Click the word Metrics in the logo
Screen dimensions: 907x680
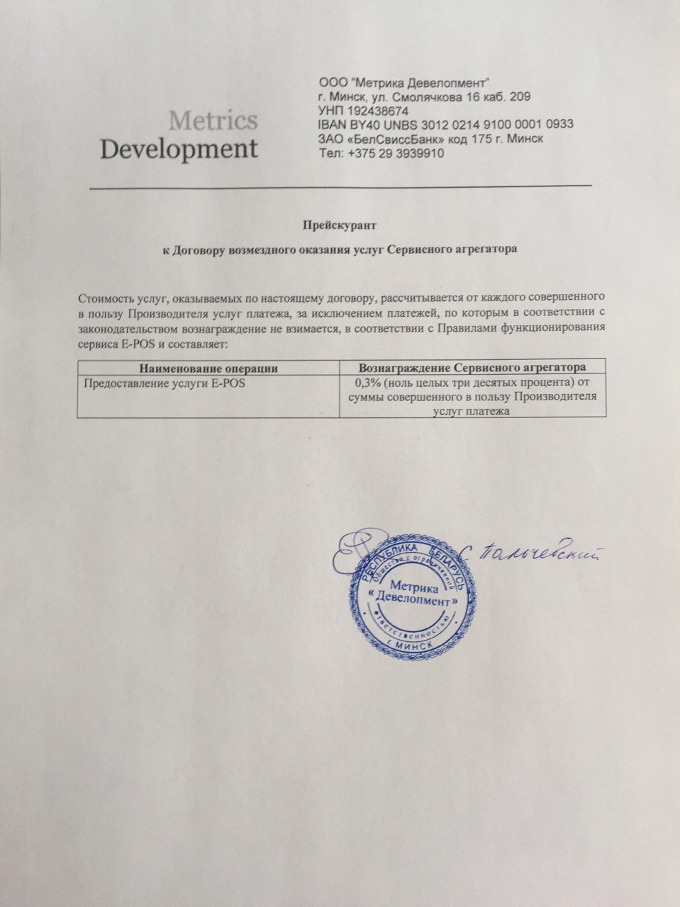213,120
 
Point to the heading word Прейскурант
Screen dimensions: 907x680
339,225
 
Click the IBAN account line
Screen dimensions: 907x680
446,125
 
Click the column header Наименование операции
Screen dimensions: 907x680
208,368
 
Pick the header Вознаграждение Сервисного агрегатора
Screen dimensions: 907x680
472,368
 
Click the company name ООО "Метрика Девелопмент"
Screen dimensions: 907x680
405,82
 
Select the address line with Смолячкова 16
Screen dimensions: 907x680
425,96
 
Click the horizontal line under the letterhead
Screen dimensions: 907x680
340,187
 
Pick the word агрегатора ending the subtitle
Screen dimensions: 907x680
489,249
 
